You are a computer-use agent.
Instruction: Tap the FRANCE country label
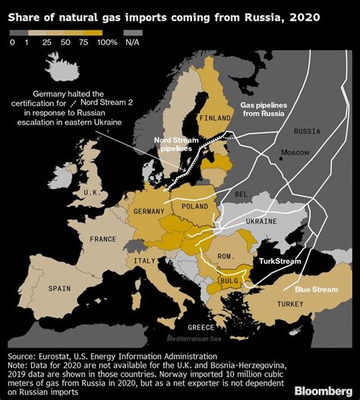(103, 238)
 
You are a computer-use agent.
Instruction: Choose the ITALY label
(144, 260)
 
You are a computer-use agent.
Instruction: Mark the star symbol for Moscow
(280, 157)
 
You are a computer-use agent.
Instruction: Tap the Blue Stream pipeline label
(311, 288)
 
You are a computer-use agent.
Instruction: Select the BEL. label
(242, 194)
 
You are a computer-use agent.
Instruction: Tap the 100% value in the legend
(107, 43)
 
